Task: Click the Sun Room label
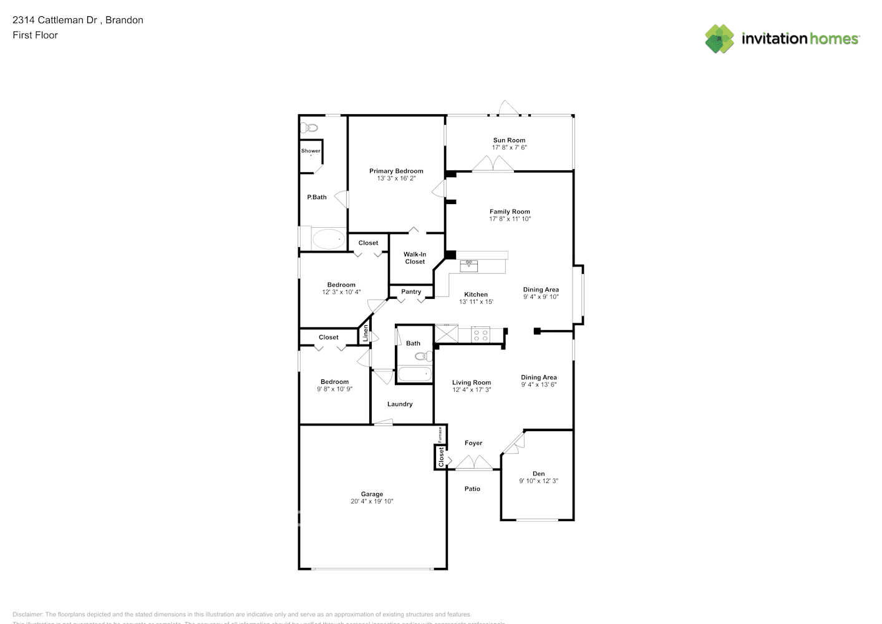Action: [509, 140]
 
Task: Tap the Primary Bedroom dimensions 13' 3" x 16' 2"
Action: [396, 178]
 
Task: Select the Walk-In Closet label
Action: [415, 258]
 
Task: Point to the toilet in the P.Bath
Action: [309, 129]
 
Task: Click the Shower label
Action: [311, 151]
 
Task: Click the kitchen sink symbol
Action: [468, 266]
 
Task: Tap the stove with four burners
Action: [480, 335]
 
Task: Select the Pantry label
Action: [411, 291]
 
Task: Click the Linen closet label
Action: [366, 333]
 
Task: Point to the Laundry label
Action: [400, 404]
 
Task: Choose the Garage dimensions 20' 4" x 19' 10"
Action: [372, 502]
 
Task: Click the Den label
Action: [538, 474]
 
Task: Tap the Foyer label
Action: [473, 443]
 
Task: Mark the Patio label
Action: [472, 489]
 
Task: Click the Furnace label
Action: [440, 434]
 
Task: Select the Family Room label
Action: [510, 212]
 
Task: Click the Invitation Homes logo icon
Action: [719, 39]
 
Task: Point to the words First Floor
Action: [35, 35]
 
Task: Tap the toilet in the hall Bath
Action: [424, 356]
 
